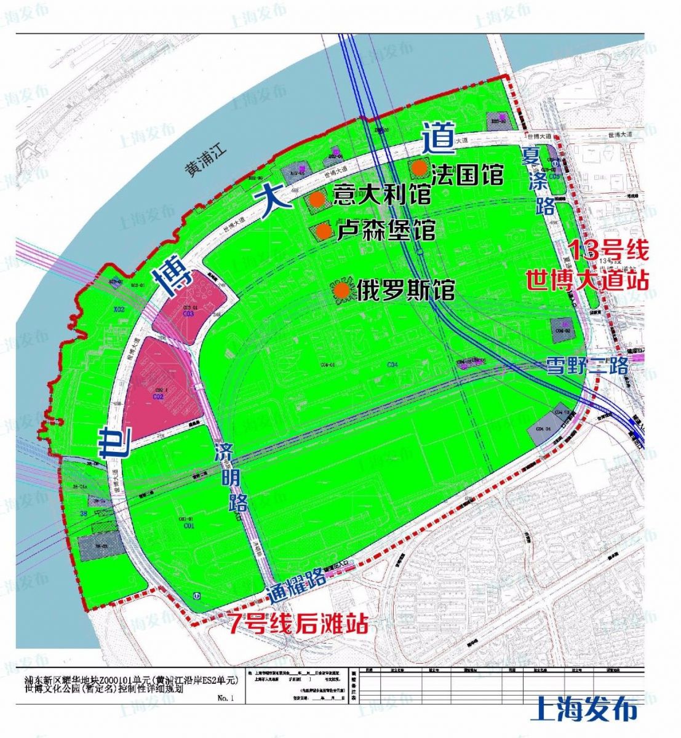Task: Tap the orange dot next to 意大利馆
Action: coord(317,199)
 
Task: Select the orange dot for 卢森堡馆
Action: coord(324,232)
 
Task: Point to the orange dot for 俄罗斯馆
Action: coord(343,289)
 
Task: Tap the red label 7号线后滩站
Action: coord(298,624)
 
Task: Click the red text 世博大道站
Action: coord(587,280)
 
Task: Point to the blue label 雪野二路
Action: coord(587,367)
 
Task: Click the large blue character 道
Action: coord(438,138)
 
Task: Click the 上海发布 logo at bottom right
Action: coord(583,709)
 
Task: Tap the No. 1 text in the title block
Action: coord(226,698)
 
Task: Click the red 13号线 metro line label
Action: coord(607,250)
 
